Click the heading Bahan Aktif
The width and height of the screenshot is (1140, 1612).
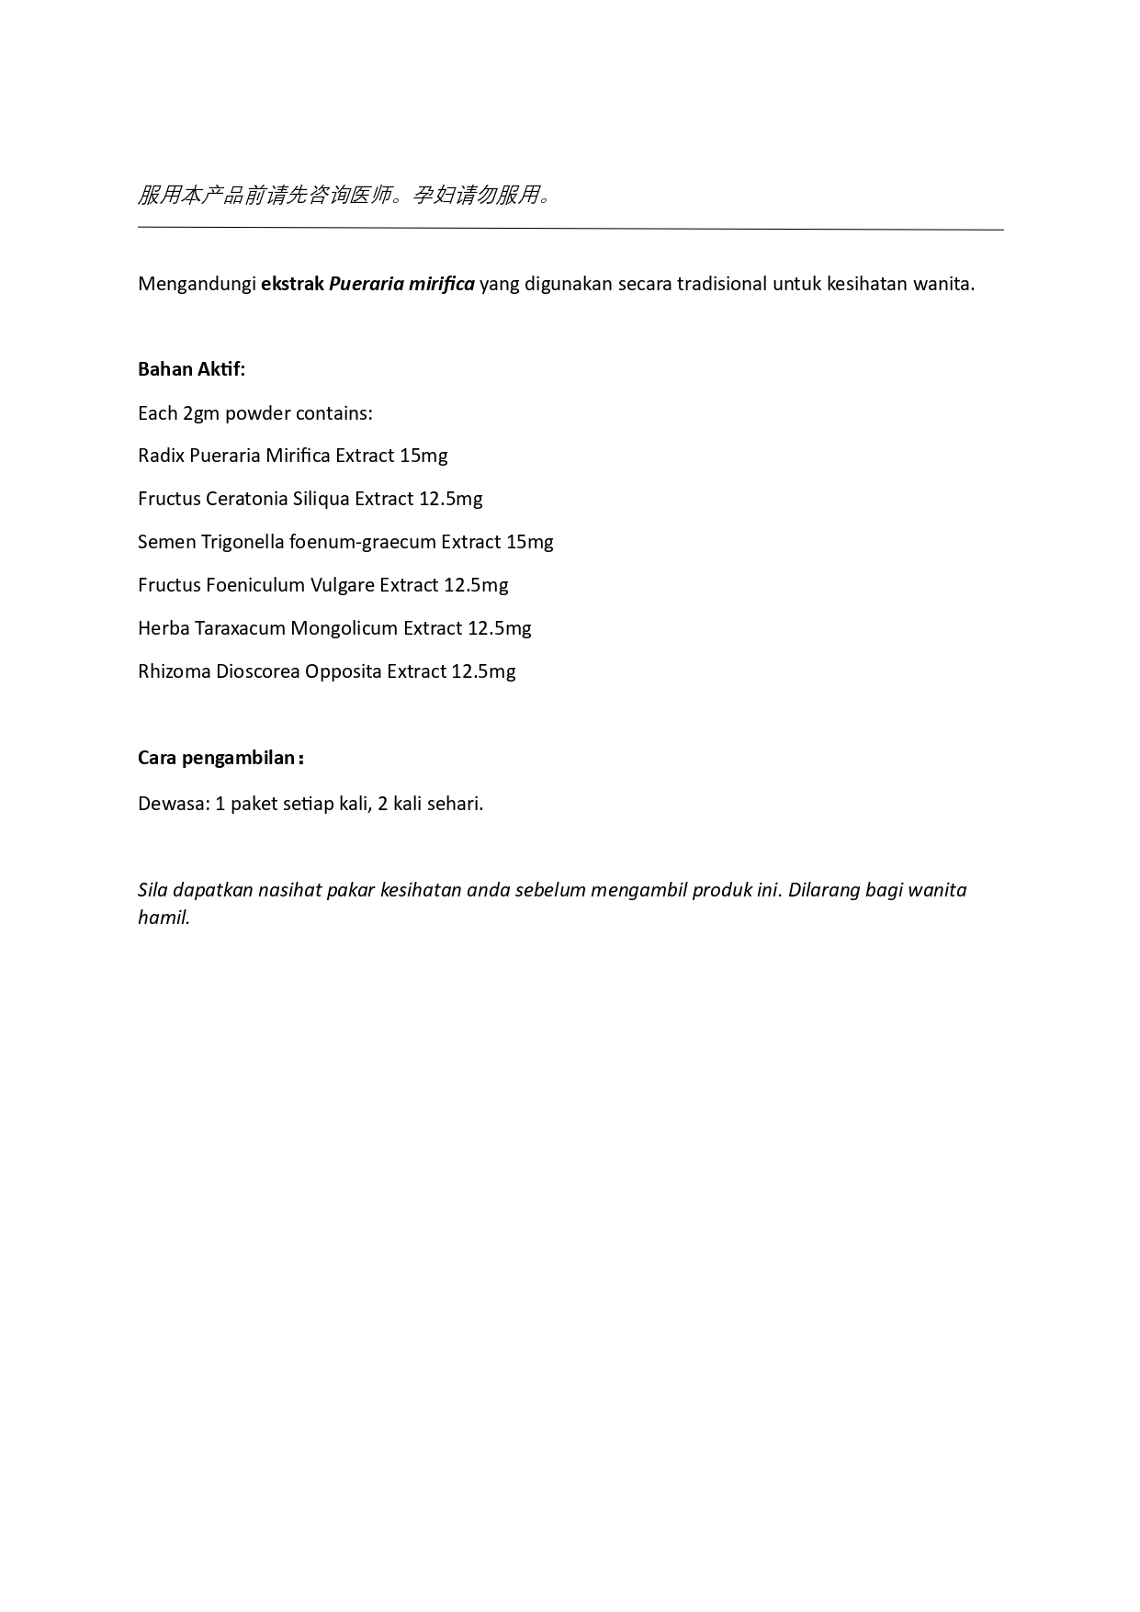[191, 369]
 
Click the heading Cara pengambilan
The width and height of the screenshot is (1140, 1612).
[220, 758]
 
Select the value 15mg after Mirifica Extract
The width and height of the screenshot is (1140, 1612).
[423, 456]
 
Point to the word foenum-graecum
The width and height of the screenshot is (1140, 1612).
[362, 542]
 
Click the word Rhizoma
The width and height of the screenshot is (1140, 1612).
[174, 671]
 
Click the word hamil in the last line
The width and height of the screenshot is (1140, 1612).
[164, 918]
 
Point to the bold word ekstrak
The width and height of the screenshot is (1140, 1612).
[292, 284]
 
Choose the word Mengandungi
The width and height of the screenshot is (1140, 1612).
[197, 284]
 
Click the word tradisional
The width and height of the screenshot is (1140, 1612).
[721, 284]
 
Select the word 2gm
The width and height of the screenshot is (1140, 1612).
[201, 413]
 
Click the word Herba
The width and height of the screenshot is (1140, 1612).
[164, 628]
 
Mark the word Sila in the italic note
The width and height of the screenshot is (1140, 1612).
[152, 890]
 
